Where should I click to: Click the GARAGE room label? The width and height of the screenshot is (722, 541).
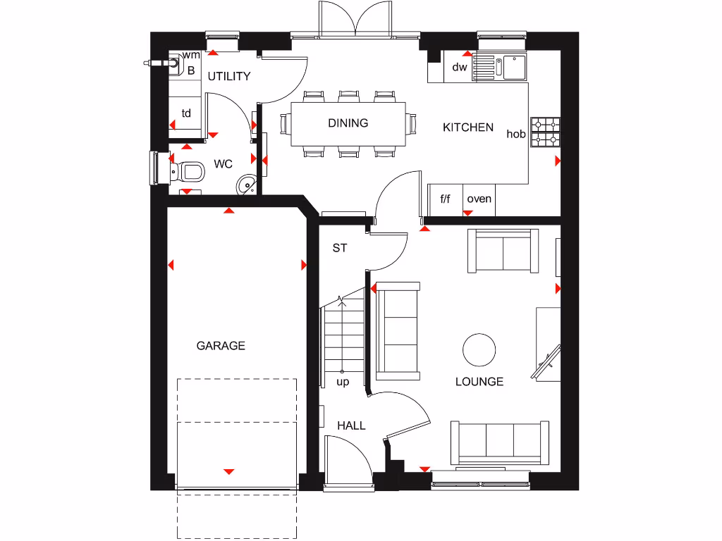tap(221, 346)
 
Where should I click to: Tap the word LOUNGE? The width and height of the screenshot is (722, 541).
tap(479, 382)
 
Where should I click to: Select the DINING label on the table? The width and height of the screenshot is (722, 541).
tap(348, 123)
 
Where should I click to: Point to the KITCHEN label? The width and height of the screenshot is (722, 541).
tap(468, 128)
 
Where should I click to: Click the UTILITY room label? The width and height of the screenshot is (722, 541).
tap(228, 76)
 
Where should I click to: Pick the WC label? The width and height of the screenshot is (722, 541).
tap(224, 164)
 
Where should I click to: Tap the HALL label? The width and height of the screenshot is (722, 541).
tap(351, 425)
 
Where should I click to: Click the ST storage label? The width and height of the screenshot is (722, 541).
tap(341, 248)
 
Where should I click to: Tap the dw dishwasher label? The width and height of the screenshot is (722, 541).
tap(460, 68)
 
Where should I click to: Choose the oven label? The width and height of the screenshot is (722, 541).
tap(479, 199)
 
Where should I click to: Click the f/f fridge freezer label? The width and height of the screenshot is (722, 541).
tap(445, 199)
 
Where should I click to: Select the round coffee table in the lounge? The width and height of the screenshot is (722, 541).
tap(479, 349)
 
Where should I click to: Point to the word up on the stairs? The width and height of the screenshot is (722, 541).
tap(343, 383)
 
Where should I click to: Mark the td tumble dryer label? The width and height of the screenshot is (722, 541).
tap(187, 113)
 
